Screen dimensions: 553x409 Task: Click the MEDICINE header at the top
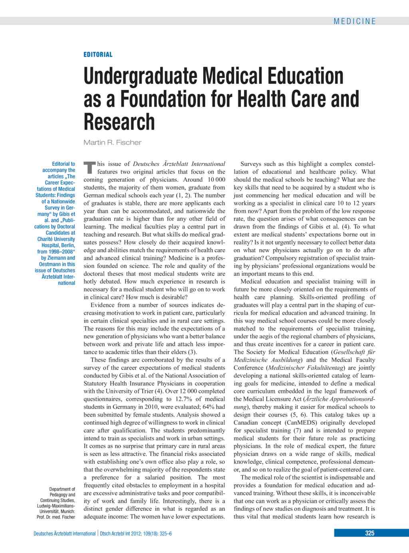(x=355, y=22)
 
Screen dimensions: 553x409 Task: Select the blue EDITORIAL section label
(x=98, y=55)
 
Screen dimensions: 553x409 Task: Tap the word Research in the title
(x=119, y=122)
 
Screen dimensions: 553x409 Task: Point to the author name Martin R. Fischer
(x=112, y=143)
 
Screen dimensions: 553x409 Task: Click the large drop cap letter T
(x=90, y=168)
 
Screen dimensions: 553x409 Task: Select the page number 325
(x=369, y=533)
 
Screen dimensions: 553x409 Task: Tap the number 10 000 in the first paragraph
(x=216, y=180)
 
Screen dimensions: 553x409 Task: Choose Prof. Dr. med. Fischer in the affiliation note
(x=56, y=517)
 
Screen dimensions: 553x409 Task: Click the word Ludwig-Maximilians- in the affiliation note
(x=56, y=506)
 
